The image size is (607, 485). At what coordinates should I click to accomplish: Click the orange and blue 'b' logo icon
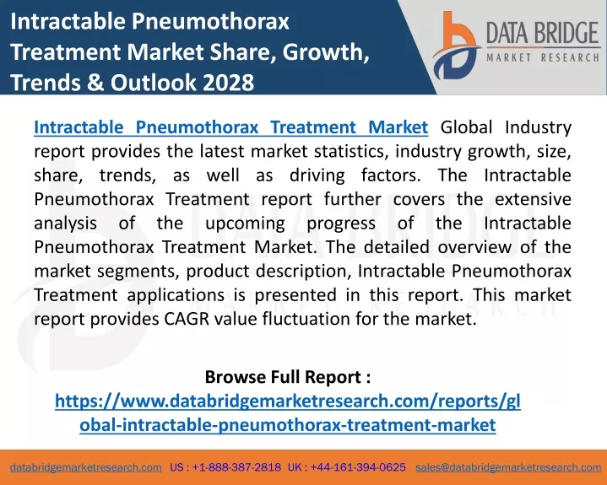point(456,46)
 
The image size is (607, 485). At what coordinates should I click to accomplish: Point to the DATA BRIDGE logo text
point(543,33)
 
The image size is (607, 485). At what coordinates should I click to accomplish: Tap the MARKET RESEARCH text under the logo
point(543,58)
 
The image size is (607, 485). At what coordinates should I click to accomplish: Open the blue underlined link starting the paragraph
point(231,127)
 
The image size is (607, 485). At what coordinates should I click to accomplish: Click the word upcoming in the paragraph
point(245,224)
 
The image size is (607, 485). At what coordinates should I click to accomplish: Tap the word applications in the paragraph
point(176,295)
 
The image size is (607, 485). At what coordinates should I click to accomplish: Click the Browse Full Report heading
point(288,377)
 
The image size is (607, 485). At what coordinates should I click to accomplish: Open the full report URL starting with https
point(288,412)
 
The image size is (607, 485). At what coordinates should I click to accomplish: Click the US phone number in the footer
point(225,467)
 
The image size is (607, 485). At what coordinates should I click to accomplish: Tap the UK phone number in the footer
point(347,467)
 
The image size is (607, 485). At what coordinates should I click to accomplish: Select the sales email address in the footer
point(508,467)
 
